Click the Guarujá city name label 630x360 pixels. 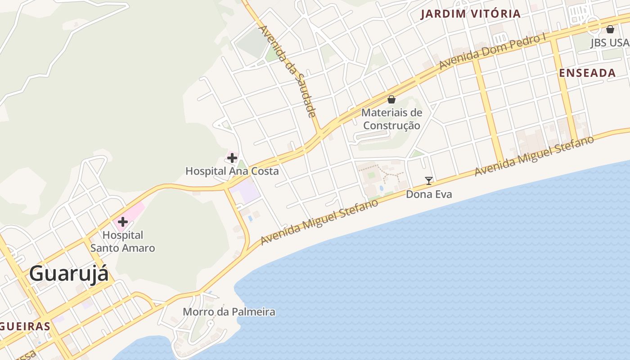point(69,274)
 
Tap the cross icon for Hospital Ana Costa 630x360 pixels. point(232,158)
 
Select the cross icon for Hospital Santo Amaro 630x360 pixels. point(122,222)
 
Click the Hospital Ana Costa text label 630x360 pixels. point(232,171)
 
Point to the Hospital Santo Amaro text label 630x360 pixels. point(122,242)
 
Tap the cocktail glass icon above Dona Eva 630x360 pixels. point(429,181)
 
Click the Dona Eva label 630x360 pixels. point(429,194)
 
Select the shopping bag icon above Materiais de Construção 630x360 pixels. point(391,99)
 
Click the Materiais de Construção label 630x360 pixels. point(391,119)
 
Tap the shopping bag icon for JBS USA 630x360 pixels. point(610,30)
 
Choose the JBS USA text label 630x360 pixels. point(610,43)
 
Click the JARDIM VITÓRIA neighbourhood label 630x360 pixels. point(470,14)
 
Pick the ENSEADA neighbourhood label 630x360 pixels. point(587,73)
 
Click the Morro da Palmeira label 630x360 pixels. point(229,312)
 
